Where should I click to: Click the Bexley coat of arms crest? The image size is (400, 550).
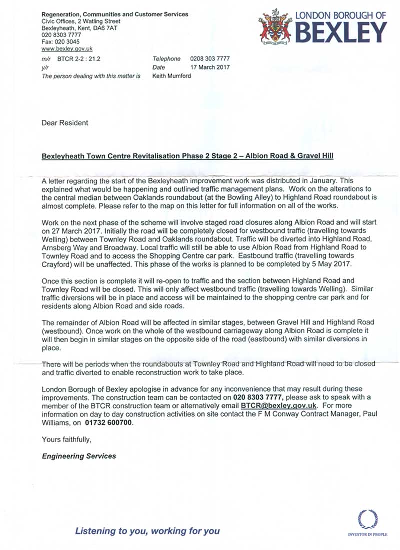(x=275, y=29)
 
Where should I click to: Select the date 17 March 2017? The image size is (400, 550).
(x=210, y=67)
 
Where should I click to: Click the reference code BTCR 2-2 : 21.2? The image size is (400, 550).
(x=79, y=59)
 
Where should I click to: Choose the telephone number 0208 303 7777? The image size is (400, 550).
(x=210, y=59)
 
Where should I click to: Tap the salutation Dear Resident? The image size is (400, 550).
(x=65, y=122)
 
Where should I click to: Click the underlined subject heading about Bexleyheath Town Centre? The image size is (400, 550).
(x=187, y=156)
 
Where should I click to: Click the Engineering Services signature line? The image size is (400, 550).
(x=79, y=456)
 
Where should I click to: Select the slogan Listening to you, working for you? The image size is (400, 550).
(x=147, y=531)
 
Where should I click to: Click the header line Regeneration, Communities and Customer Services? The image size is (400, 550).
(x=115, y=14)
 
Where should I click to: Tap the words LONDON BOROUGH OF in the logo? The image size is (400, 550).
(x=341, y=15)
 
